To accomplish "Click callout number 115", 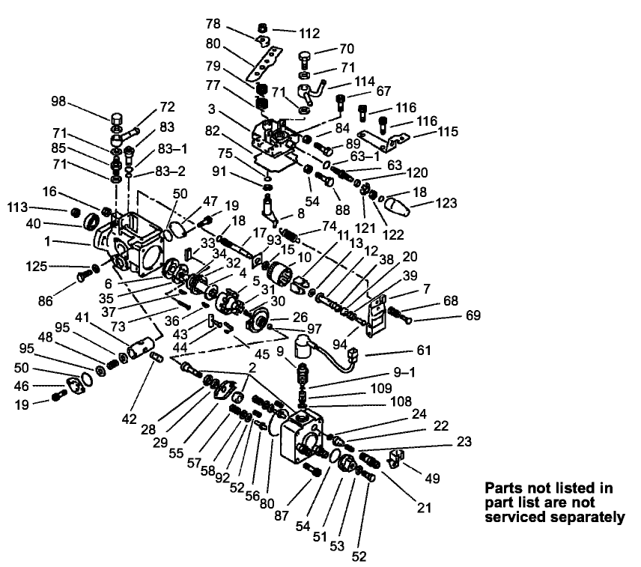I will click(428, 133).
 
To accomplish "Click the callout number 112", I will click(309, 33).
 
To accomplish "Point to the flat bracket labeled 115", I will click(388, 138).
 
